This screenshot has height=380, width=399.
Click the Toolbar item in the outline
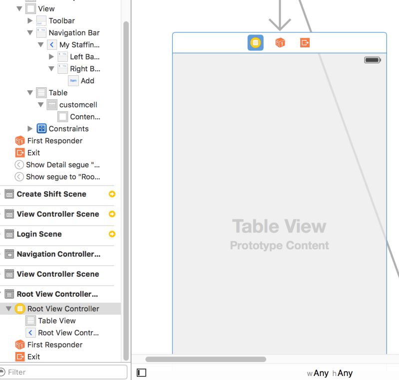point(61,21)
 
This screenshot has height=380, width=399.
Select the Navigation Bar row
point(74,33)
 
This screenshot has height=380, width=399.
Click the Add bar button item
point(87,81)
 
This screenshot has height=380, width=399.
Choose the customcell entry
point(78,105)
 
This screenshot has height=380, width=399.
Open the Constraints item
point(68,129)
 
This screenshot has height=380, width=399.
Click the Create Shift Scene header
point(51,194)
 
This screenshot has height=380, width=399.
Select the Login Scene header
point(39,234)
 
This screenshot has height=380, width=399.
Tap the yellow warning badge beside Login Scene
point(112,234)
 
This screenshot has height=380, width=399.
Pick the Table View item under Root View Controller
point(57,321)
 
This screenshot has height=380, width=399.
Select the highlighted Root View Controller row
point(63,309)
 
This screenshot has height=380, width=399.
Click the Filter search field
point(65,372)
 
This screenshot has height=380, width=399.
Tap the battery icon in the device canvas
point(373,60)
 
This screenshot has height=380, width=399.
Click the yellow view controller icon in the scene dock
point(256,43)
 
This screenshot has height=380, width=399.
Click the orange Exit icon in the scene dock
point(305,43)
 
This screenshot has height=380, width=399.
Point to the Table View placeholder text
point(279,226)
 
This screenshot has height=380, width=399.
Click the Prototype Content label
point(279,245)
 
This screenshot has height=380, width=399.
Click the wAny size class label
point(318,373)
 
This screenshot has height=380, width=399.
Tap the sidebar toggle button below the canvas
point(141,373)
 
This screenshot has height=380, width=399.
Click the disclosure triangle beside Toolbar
point(30,21)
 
